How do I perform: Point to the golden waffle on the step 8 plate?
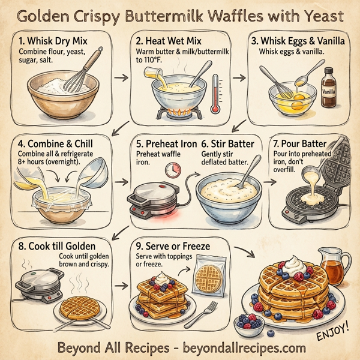click(x=79, y=306)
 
